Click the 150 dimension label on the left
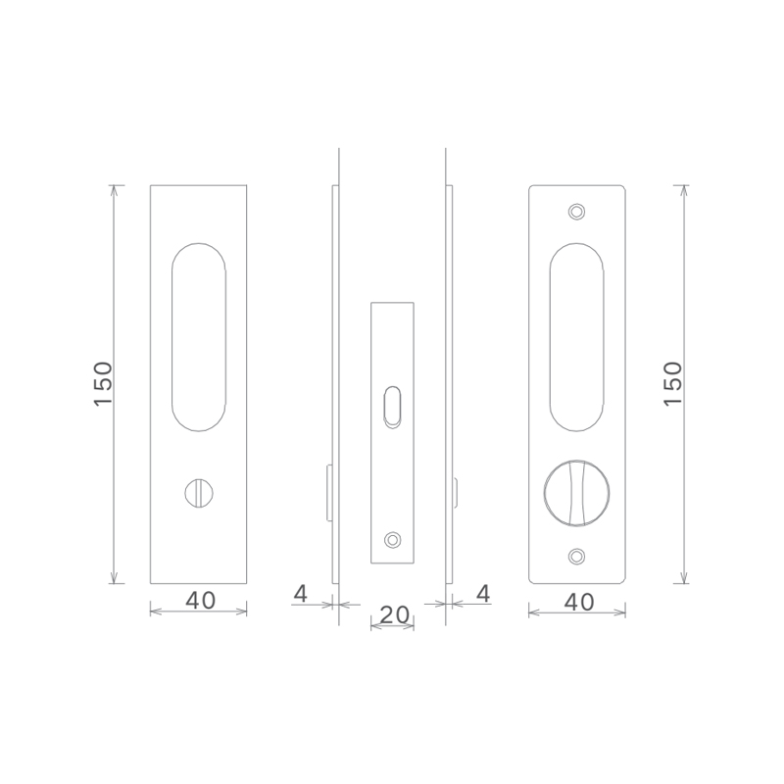pos(104,383)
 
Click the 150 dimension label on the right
pos(673,383)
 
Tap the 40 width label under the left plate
pos(201,600)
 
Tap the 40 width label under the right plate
pos(579,602)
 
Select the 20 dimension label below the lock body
pos(395,614)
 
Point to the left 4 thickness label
pos(301,594)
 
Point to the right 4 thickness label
pos(483,594)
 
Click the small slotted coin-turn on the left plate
pos(199,493)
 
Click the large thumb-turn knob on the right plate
pos(577,493)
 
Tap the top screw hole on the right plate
pos(577,212)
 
